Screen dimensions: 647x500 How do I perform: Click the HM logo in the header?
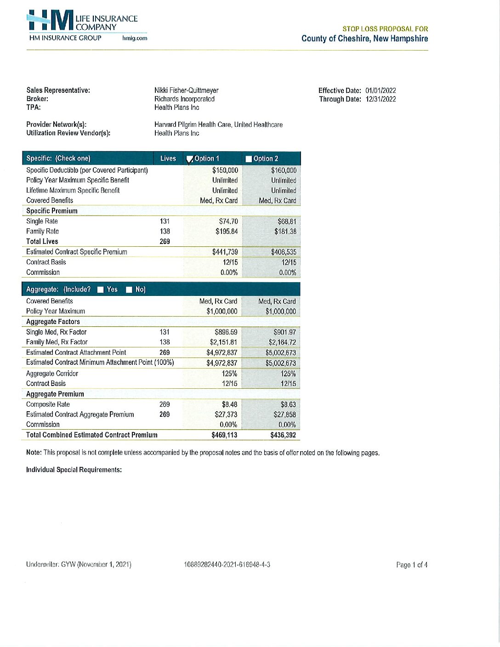(51, 21)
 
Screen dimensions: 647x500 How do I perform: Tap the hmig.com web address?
(135, 38)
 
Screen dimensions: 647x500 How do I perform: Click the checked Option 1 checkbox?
(189, 159)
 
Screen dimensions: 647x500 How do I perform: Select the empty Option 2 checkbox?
(249, 159)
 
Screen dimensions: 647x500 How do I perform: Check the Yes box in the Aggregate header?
(101, 289)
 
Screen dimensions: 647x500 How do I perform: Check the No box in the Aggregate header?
(129, 289)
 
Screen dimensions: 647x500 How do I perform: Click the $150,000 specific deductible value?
(225, 170)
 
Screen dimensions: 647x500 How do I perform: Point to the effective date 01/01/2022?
(381, 91)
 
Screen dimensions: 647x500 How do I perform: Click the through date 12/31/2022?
(381, 99)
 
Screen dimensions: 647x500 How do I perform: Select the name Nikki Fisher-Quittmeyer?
(186, 91)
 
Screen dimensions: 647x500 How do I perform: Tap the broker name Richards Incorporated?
(184, 99)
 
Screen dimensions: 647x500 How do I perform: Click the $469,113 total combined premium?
(224, 435)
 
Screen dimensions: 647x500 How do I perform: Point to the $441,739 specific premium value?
(225, 252)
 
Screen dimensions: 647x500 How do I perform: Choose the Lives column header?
(168, 159)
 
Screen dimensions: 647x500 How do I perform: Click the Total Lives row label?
(42, 241)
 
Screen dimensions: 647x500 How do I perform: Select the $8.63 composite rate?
(288, 404)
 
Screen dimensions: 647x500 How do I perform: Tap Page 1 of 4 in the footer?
(412, 565)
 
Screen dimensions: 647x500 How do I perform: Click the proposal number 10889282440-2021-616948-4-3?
(227, 564)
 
